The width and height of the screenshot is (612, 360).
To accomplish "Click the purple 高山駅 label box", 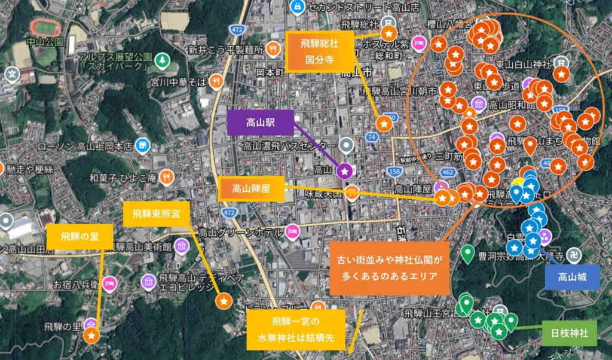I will coord(260,123).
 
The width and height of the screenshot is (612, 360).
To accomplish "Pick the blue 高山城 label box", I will coord(572,277).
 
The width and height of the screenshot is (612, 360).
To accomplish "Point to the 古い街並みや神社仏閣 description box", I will coord(388,268).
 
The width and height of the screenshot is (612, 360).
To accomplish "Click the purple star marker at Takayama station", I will coord(345,171).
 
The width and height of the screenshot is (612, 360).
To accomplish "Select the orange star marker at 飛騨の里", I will coord(91,336).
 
